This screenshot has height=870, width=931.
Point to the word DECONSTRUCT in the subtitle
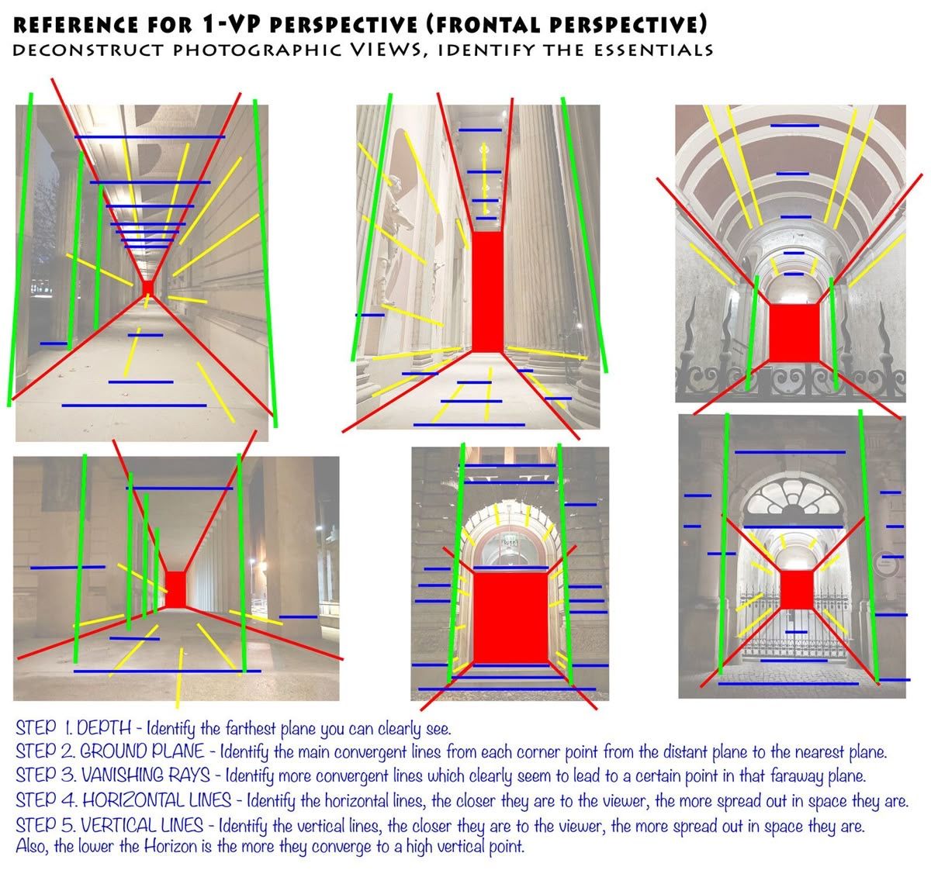click(88, 50)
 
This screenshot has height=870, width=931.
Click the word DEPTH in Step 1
click(104, 728)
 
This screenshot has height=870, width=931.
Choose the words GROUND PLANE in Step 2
click(142, 751)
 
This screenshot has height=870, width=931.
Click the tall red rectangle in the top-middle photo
click(487, 291)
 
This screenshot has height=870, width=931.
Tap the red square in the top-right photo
click(794, 333)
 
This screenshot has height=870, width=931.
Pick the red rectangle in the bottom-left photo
click(176, 589)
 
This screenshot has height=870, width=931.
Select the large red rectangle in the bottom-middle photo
click(511, 617)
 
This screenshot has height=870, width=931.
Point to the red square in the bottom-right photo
click(797, 589)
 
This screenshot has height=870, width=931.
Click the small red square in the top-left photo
click(148, 288)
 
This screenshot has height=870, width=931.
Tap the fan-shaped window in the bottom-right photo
click(793, 497)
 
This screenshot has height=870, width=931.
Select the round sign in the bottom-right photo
click(886, 564)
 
